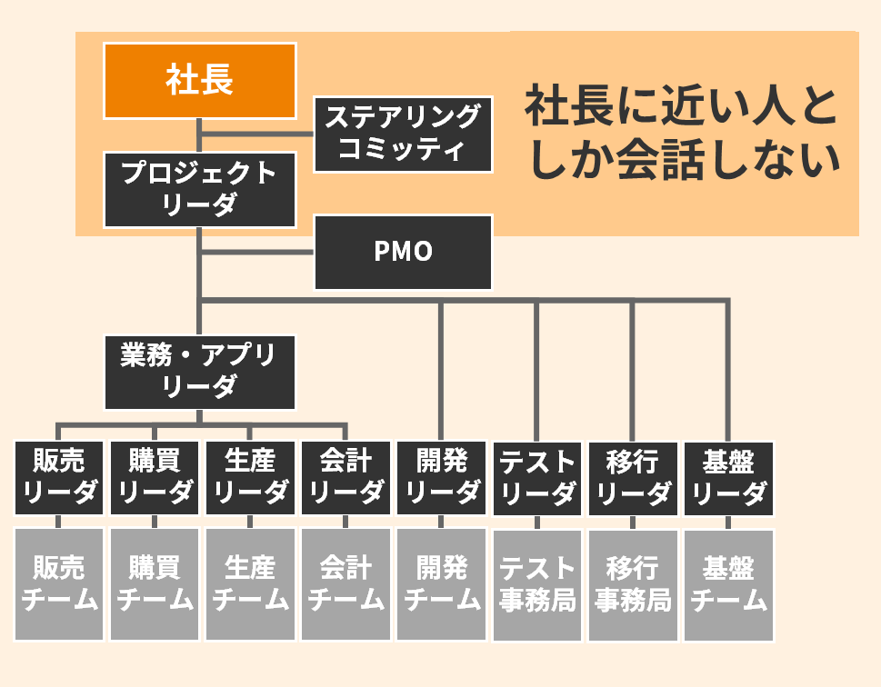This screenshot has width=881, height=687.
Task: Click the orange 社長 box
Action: coord(199,80)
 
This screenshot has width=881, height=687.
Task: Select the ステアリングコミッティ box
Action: coord(403,134)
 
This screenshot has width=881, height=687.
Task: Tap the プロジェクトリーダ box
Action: coord(199,189)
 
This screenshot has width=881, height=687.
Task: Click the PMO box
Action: coord(403,252)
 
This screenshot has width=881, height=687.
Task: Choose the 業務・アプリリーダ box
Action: coord(199,371)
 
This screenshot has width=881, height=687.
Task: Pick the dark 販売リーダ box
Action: coord(59,478)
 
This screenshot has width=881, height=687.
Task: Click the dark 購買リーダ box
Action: coord(155,478)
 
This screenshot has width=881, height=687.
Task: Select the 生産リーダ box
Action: coord(250,478)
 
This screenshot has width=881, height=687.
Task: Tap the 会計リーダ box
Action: coord(345,478)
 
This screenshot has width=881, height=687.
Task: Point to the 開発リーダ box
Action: coord(442,478)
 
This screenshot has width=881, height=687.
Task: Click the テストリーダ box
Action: coord(537,478)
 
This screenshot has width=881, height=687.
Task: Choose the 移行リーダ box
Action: coord(633,478)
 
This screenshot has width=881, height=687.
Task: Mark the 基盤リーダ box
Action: coord(728,478)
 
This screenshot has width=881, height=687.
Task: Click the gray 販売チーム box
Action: coord(59,584)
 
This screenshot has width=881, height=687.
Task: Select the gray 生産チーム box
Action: coord(250,584)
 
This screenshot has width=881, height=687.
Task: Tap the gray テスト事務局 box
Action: coord(537,584)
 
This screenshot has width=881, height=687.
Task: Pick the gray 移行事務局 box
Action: coord(633,584)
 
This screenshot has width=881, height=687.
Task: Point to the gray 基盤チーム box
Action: coord(728,584)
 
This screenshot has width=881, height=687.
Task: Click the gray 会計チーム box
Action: coord(345,584)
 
